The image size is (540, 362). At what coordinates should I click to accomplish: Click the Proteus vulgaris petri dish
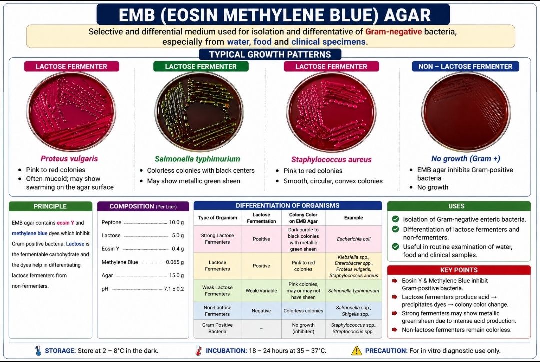point(71,112)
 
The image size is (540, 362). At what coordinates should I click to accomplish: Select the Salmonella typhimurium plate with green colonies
point(199,112)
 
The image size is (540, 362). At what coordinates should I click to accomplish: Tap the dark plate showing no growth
point(466,112)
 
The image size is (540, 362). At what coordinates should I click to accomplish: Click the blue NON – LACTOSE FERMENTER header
point(465,67)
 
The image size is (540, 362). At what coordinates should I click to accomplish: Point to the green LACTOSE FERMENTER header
point(201,67)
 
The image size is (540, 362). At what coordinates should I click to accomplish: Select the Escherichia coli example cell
point(353,239)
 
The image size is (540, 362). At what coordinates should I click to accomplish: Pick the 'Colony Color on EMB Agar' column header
point(303,218)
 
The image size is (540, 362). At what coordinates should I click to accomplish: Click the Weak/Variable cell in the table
point(261,291)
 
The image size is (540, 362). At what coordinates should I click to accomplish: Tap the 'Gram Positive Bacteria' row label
point(217,328)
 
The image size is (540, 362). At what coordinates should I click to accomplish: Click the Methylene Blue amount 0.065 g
point(175,262)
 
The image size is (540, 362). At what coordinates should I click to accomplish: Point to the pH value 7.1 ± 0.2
point(174,289)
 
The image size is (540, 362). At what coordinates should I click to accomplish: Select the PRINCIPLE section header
point(50,206)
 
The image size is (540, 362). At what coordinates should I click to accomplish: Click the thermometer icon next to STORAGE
point(38,351)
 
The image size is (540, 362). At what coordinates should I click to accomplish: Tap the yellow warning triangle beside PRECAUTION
point(357,351)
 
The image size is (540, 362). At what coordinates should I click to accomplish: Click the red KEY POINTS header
point(459,270)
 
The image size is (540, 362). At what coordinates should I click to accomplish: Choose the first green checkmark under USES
point(395,219)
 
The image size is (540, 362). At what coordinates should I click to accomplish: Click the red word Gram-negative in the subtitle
point(393,32)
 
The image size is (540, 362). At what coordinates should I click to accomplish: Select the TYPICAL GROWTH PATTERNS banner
point(270,54)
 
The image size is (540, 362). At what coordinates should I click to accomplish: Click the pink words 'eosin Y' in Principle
point(65,223)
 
